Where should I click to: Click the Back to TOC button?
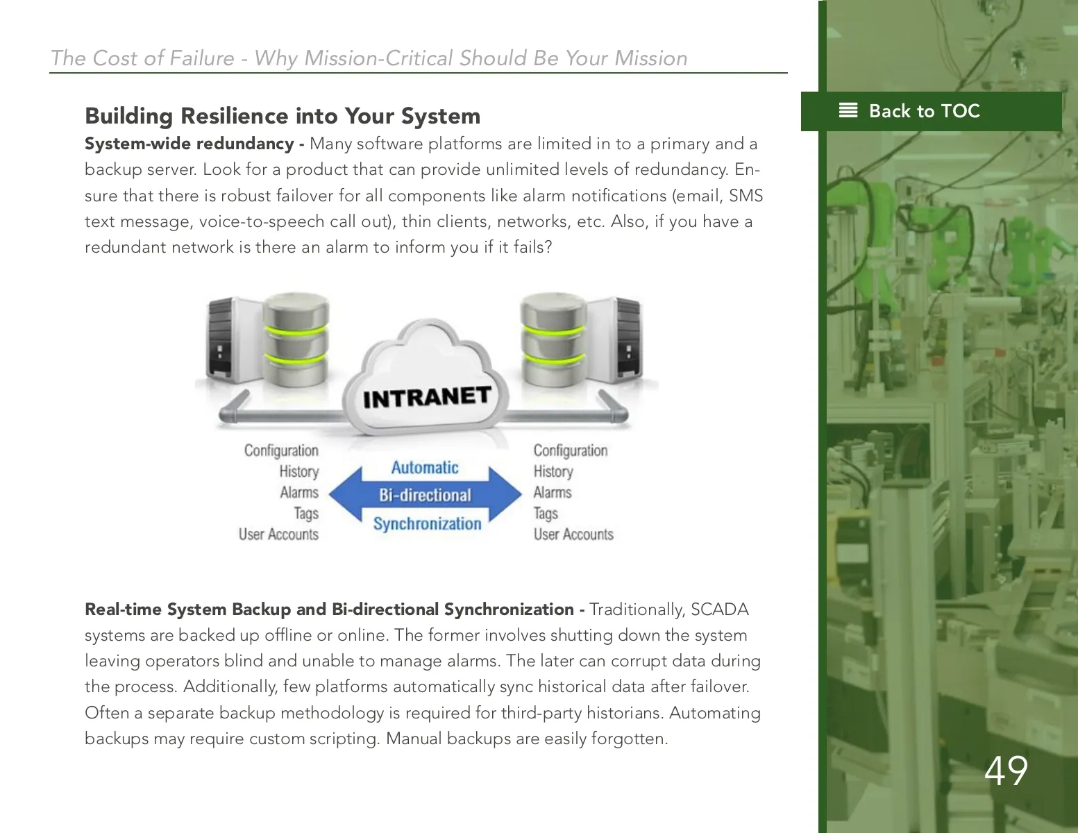click(x=931, y=111)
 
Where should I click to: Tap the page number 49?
click(x=1006, y=771)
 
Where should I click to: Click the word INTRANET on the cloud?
click(x=427, y=397)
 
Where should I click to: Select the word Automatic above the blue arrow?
click(x=425, y=467)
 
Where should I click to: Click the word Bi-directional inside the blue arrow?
click(x=425, y=495)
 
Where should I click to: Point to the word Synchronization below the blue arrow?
click(x=427, y=523)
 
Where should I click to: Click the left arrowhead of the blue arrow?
click(x=346, y=494)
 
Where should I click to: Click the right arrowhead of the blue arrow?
click(x=505, y=494)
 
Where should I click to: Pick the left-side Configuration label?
click(x=281, y=451)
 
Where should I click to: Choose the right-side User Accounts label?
click(x=573, y=534)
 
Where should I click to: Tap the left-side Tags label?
click(x=306, y=514)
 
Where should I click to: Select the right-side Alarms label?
click(x=553, y=492)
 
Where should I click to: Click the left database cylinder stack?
click(x=296, y=340)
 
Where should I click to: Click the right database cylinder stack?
click(x=554, y=340)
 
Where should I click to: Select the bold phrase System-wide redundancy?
click(x=189, y=144)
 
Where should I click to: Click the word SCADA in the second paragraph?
click(x=719, y=609)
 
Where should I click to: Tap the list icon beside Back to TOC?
click(x=848, y=110)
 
